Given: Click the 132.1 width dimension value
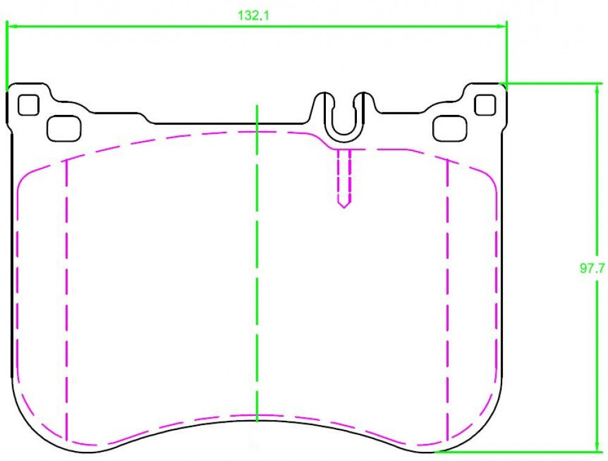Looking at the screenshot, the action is pyautogui.click(x=253, y=16).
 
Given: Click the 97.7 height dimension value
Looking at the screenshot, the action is pyautogui.click(x=592, y=268).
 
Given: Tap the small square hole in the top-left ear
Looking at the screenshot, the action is pyautogui.click(x=29, y=105).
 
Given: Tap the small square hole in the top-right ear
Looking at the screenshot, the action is pyautogui.click(x=485, y=105).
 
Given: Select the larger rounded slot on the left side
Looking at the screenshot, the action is pyautogui.click(x=64, y=128).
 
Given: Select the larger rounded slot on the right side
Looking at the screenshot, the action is pyautogui.click(x=450, y=128).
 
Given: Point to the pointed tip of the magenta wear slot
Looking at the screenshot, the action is pyautogui.click(x=344, y=207).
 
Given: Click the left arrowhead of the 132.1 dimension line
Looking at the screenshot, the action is pyautogui.click(x=12, y=26).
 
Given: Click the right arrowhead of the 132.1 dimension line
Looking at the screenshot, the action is pyautogui.click(x=502, y=26).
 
